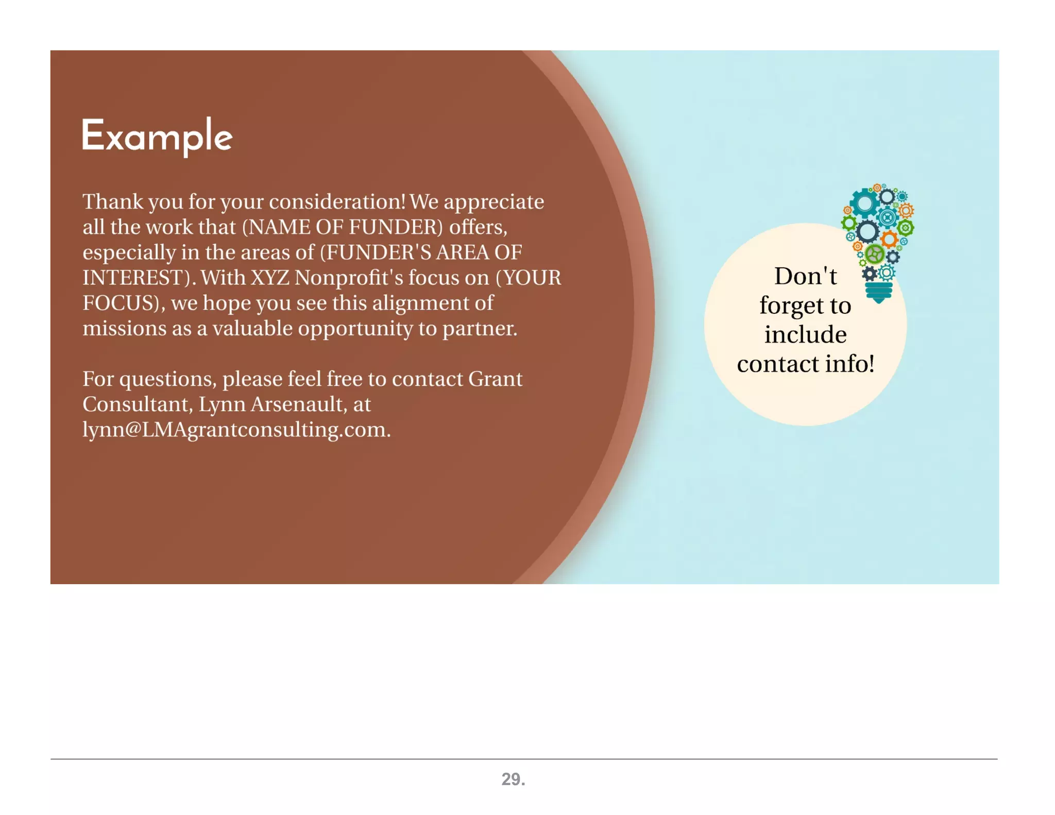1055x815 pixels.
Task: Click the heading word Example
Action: point(157,136)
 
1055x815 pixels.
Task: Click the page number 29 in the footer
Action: point(513,779)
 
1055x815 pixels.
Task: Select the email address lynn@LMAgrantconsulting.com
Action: point(236,430)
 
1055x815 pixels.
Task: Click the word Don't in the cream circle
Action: point(806,277)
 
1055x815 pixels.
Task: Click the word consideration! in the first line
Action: point(337,202)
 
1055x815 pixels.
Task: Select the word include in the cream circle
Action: point(805,335)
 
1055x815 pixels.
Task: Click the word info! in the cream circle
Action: point(849,364)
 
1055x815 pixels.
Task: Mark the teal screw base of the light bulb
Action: point(879,293)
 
